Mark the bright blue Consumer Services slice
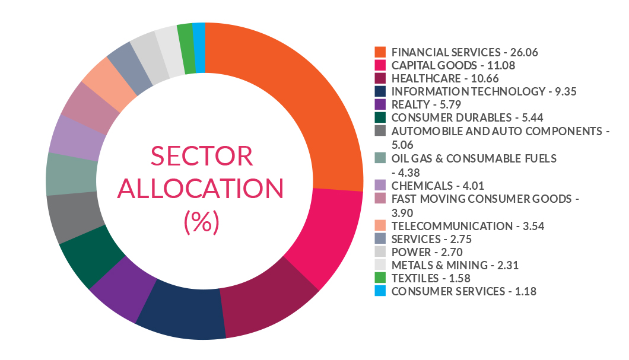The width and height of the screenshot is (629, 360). click(x=199, y=47)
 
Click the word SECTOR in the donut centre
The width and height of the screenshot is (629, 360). click(x=202, y=157)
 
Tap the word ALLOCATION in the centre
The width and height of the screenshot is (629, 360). click(x=202, y=189)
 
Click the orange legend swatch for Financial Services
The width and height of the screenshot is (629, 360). click(x=380, y=52)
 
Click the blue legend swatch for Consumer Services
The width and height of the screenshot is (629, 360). click(x=380, y=291)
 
